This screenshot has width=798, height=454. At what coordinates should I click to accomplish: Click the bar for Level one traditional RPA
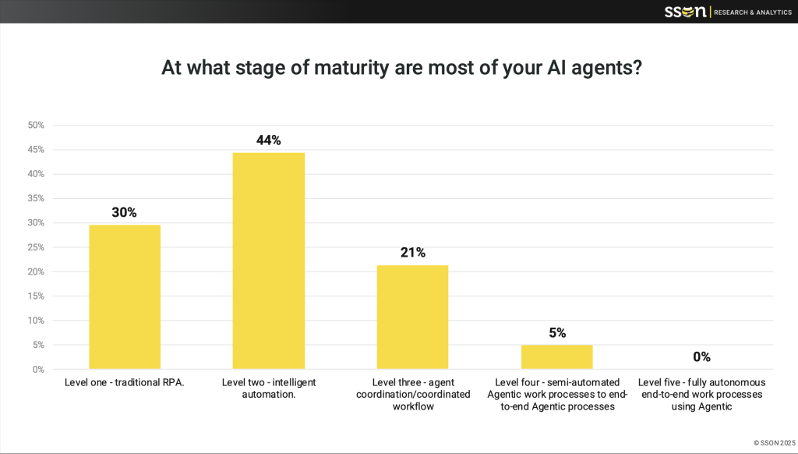click(x=125, y=297)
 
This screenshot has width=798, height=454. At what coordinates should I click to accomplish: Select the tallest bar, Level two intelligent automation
click(x=269, y=261)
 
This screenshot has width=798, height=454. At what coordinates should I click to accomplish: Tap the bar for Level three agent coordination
click(x=412, y=317)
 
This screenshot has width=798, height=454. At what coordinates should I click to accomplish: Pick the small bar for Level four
click(x=556, y=356)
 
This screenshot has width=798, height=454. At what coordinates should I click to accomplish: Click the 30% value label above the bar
click(x=124, y=212)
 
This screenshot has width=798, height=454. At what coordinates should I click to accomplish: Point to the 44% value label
click(x=268, y=140)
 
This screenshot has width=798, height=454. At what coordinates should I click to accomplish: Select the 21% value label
click(x=412, y=253)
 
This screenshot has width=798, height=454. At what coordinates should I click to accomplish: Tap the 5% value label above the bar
click(x=556, y=332)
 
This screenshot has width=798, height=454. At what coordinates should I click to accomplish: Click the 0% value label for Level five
click(x=701, y=356)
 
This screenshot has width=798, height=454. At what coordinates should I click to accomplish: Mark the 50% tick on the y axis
click(x=36, y=125)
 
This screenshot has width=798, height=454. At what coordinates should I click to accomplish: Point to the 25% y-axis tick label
click(x=36, y=247)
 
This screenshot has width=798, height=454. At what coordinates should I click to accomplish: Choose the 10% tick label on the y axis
click(x=36, y=321)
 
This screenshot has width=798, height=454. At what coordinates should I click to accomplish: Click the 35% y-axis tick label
click(x=36, y=198)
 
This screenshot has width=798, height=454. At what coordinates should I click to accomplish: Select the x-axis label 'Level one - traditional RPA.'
click(x=125, y=383)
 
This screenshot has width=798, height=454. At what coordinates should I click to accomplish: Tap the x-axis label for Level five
click(x=701, y=394)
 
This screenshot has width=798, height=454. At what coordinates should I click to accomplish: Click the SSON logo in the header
click(x=686, y=11)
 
